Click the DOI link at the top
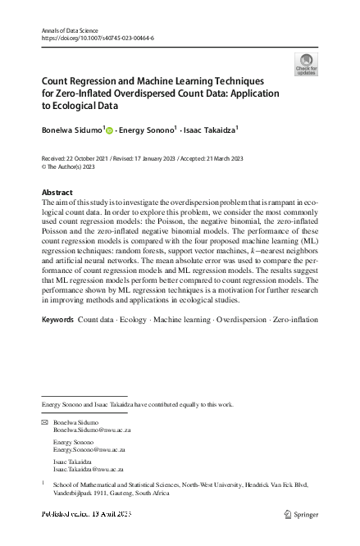pyautogui.click(x=97, y=38)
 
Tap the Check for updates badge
pyautogui.click(x=306, y=65)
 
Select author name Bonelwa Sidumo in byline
pyautogui.click(x=71, y=129)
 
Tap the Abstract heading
pyautogui.click(x=57, y=192)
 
